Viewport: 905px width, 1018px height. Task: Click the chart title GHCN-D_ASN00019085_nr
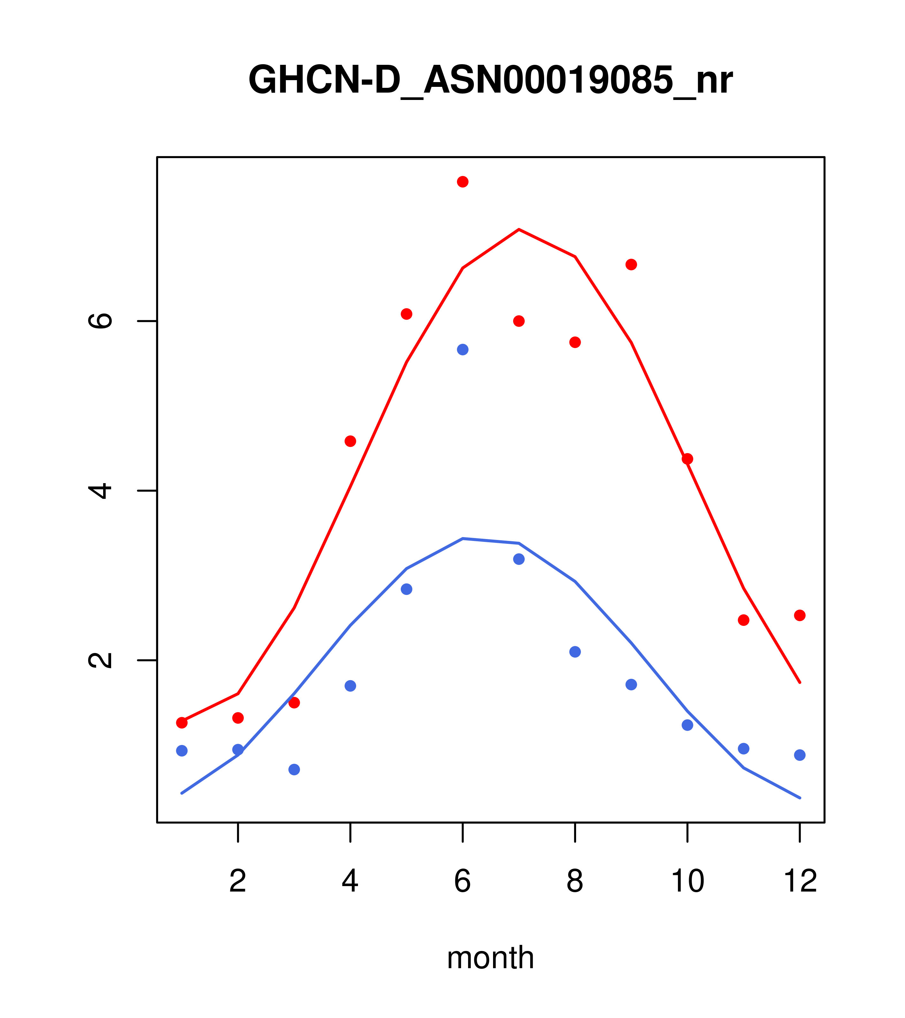(490, 80)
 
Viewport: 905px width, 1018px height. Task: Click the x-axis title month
(490, 957)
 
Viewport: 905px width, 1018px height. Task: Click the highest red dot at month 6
(463, 182)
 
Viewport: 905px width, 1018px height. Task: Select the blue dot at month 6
(463, 350)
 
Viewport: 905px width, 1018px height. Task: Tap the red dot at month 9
(631, 264)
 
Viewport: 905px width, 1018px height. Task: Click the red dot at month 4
(350, 441)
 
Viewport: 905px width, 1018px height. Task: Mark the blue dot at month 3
(294, 770)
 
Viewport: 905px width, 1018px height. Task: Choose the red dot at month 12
(800, 616)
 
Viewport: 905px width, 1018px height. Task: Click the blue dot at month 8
(575, 652)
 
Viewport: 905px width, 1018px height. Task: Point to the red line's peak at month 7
(519, 230)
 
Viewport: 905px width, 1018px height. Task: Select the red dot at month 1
(182, 723)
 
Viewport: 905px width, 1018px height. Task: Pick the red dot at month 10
(687, 459)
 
